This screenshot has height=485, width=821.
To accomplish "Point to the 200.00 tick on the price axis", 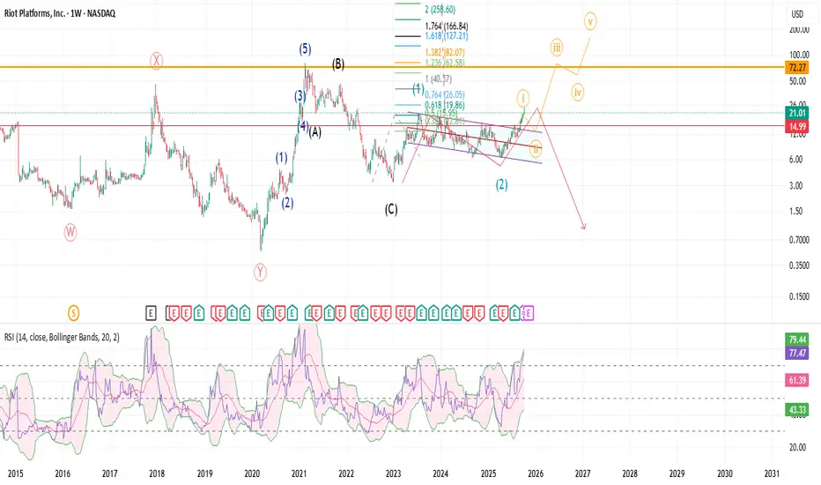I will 799,29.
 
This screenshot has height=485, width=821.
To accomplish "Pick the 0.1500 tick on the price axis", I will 799,296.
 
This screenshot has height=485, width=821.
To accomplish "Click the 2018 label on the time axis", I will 157,473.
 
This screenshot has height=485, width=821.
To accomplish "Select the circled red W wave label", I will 70,232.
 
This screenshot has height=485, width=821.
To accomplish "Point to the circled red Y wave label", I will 261,272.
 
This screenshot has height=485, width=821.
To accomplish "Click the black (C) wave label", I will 391,210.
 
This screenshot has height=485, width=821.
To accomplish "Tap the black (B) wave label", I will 338,64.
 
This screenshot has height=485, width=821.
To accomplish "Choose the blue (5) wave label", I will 305,49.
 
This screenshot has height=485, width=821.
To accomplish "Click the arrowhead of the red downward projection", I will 584,229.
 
